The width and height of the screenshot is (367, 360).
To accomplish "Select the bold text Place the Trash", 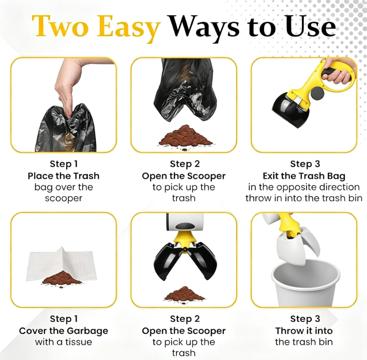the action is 64,176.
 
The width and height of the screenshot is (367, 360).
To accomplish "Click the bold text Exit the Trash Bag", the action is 304,176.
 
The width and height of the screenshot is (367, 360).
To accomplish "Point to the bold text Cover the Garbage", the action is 64,331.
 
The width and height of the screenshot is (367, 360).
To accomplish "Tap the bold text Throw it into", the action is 304,331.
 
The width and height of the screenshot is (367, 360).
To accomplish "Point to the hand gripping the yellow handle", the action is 338,72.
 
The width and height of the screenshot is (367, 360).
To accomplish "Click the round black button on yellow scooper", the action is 317,93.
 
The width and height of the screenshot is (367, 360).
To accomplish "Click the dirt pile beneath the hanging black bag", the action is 185,136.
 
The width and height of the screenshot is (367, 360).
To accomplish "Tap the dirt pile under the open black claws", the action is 185,294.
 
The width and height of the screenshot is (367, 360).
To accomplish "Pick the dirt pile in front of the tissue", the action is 62,278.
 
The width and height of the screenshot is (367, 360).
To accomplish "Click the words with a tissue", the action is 64,342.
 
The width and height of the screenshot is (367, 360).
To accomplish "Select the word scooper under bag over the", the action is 64,198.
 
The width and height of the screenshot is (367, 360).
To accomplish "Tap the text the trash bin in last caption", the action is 304,342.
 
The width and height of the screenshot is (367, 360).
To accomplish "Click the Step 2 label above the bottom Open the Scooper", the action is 185,319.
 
